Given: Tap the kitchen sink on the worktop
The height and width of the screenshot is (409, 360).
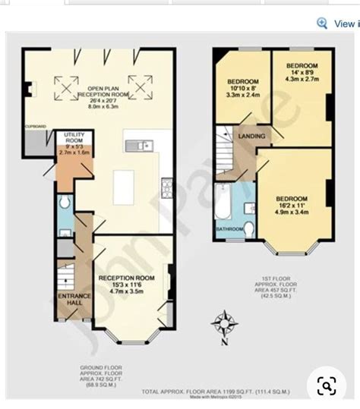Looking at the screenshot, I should (x=141, y=144).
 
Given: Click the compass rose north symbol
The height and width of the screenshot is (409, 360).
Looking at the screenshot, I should (x=223, y=324).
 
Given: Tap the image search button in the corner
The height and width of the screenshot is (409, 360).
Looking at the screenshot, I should (x=327, y=388).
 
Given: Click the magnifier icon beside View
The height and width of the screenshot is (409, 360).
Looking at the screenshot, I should (x=322, y=24).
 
